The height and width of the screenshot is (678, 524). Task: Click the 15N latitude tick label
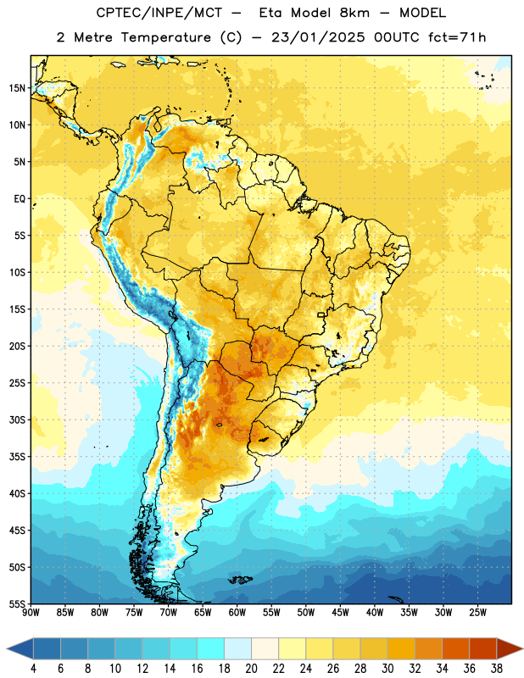pyautogui.click(x=17, y=88)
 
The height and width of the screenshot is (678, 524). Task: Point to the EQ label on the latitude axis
pyautogui.click(x=20, y=199)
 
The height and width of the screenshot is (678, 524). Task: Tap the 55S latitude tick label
pyautogui.click(x=17, y=604)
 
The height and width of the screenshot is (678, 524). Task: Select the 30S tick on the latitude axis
pyautogui.click(x=17, y=420)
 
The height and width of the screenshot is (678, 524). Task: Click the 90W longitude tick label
pyautogui.click(x=31, y=613)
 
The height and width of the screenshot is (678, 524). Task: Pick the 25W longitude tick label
pyautogui.click(x=477, y=613)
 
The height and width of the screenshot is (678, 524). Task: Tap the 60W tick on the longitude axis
pyautogui.click(x=237, y=613)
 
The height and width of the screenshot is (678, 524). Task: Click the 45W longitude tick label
pyautogui.click(x=340, y=613)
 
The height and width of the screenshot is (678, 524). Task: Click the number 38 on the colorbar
pyautogui.click(x=496, y=669)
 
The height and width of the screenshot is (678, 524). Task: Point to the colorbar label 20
pyautogui.click(x=251, y=669)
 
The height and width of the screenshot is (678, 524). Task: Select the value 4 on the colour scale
pyautogui.click(x=33, y=669)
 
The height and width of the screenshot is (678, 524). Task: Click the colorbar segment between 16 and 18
pyautogui.click(x=211, y=648)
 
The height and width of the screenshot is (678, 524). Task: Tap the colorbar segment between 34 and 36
pyautogui.click(x=455, y=648)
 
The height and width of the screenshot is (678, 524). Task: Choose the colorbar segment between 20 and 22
pyautogui.click(x=265, y=648)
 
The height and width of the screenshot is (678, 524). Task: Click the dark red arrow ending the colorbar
pyautogui.click(x=510, y=648)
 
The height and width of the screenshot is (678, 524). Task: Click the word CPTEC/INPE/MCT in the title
pyautogui.click(x=159, y=13)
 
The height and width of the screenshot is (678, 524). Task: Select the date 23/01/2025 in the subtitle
pyautogui.click(x=318, y=37)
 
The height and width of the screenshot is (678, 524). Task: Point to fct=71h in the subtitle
pyautogui.click(x=457, y=37)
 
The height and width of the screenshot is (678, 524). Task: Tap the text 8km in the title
pyautogui.click(x=354, y=13)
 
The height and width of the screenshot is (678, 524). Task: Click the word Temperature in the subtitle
pyautogui.click(x=165, y=37)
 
